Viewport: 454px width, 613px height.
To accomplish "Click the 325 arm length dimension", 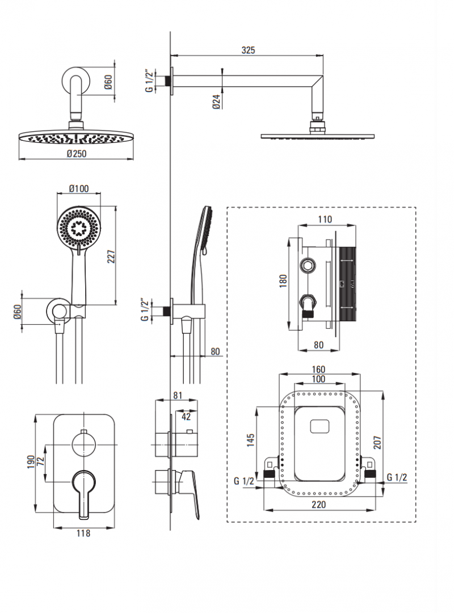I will (248, 50).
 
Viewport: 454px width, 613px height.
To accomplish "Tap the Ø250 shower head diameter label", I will (77, 154).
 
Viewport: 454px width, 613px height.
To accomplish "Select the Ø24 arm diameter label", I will (216, 101).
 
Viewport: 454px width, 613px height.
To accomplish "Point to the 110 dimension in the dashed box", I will (325, 220).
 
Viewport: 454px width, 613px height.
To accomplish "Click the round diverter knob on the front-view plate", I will (84, 443).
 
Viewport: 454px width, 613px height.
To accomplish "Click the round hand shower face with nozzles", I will (78, 228).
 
